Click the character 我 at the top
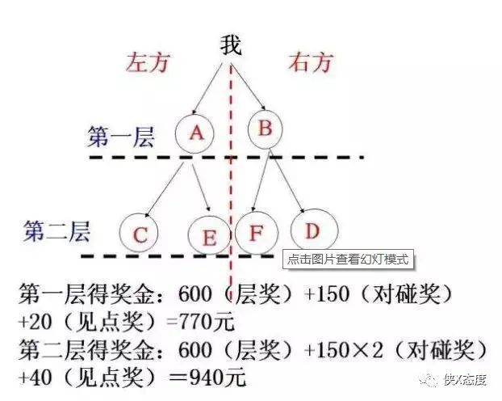click(x=231, y=45)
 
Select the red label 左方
click(x=148, y=64)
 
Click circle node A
click(x=195, y=133)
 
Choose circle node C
click(x=140, y=234)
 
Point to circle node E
click(x=209, y=236)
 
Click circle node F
click(x=256, y=233)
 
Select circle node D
click(x=312, y=230)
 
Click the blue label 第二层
click(x=56, y=230)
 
